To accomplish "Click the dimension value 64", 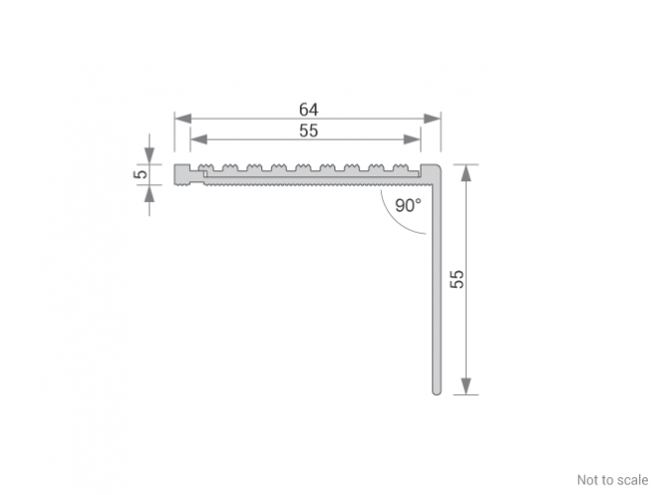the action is [309, 110].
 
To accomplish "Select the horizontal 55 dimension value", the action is [309, 131].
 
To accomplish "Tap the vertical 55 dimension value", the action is [457, 279].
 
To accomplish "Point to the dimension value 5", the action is [140, 174].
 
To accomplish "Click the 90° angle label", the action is [408, 205].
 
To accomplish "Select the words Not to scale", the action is [612, 480].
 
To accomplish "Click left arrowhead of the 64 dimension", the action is [183, 119].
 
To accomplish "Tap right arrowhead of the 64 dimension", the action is [432, 119].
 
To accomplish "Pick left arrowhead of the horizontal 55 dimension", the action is [199, 140].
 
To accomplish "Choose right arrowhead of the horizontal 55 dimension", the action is [413, 140].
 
